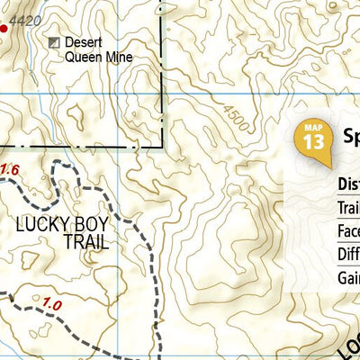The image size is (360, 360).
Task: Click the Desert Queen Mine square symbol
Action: [x=54, y=42]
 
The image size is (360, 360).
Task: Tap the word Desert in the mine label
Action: [x=85, y=42]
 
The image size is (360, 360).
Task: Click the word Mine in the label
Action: [x=119, y=58]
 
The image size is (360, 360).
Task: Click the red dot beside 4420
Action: [x=3, y=29]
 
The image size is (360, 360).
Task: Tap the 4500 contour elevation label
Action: [x=235, y=122]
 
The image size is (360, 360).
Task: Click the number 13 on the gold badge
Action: [x=312, y=142]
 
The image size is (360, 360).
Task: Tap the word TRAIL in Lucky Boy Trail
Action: [x=85, y=242]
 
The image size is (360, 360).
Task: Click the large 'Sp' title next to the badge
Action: [x=351, y=136]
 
